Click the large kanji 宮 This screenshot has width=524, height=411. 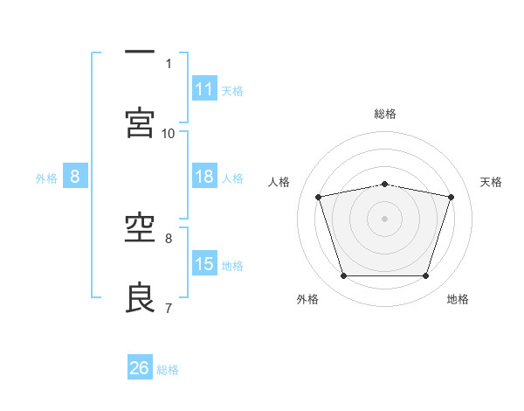click(x=140, y=122)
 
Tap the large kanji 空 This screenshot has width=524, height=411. click(x=140, y=228)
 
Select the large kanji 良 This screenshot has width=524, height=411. click(x=140, y=297)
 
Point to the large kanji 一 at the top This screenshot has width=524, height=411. click(x=140, y=52)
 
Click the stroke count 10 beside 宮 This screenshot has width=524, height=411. click(x=168, y=134)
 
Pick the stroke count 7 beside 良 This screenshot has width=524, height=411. click(x=169, y=308)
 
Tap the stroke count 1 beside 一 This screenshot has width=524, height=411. click(x=169, y=64)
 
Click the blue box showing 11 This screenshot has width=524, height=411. click(x=204, y=88)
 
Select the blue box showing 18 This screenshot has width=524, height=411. click(x=204, y=176)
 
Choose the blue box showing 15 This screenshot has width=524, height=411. click(x=204, y=262)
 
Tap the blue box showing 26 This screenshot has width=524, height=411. click(x=140, y=366)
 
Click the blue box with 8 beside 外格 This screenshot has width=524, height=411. click(x=75, y=176)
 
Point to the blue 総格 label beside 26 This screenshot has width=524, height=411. click(x=168, y=370)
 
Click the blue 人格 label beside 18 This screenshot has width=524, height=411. click(x=232, y=178)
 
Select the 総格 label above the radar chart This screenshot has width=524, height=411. click(x=385, y=114)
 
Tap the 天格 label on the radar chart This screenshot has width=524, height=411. click(x=491, y=182)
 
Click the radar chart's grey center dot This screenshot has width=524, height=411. click(x=384, y=219)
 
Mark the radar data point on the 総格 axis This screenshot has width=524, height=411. click(x=384, y=185)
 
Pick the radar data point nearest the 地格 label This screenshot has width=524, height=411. click(x=425, y=275)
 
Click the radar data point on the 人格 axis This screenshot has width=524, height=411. click(x=319, y=197)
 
